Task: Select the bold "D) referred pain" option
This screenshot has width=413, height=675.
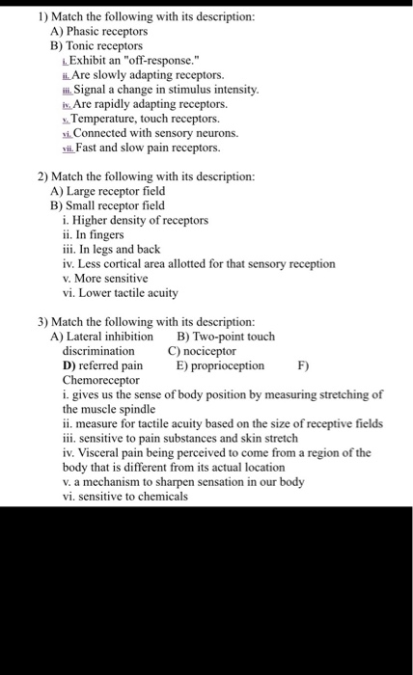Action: pos(102,365)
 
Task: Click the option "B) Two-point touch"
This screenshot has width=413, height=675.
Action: pos(226,337)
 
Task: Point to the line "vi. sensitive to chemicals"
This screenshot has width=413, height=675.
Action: pos(125,497)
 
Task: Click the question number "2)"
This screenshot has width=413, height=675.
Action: pos(44,176)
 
